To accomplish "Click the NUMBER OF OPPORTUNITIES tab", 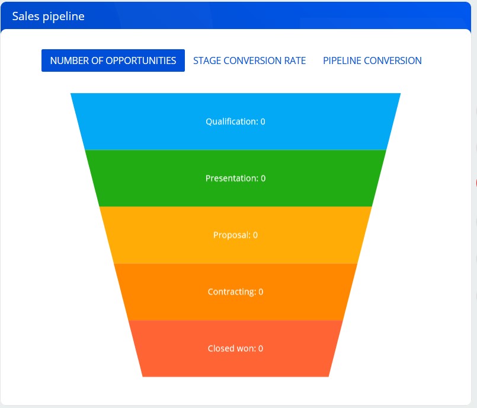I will point(113,60).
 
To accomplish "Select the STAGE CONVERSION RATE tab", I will point(249,60).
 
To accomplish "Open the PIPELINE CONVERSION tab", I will point(372,60).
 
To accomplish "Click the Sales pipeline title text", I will point(48,16).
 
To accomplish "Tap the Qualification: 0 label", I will point(235,122).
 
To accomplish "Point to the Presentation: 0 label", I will point(235,179).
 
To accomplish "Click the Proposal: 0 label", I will point(235,235).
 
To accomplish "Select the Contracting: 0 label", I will point(235,292).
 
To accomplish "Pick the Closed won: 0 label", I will point(235,349).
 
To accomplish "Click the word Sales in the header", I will point(25,16).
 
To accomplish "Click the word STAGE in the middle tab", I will point(207,60).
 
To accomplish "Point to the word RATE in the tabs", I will point(294,60).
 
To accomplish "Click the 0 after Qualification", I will point(262,122).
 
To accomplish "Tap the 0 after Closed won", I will point(261,349).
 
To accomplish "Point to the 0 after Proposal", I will point(255,235).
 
